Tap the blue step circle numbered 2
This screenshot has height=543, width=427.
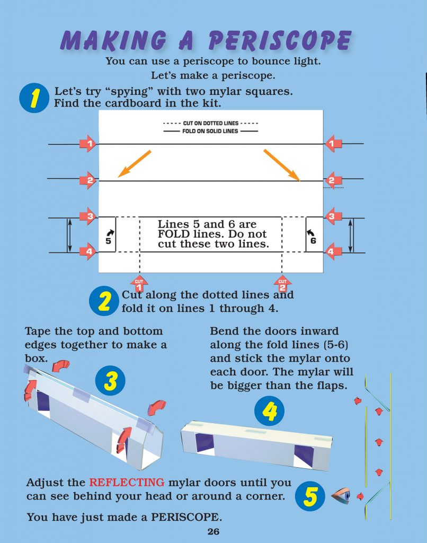[104, 301]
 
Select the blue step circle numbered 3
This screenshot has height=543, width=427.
[110, 381]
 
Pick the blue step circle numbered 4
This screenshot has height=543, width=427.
[269, 411]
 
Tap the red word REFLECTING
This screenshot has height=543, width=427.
[127, 483]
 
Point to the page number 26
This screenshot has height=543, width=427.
[213, 532]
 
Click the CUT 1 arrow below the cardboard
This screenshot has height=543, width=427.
[139, 283]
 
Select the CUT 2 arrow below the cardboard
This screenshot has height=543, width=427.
[282, 283]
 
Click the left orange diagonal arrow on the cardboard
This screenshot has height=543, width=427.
[134, 163]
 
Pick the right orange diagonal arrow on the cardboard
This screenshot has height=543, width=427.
[282, 165]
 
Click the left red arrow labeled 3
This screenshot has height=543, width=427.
[87, 216]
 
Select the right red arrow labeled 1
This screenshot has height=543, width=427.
[332, 143]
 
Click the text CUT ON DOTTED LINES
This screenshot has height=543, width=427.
[211, 123]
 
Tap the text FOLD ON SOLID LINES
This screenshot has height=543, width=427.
[211, 130]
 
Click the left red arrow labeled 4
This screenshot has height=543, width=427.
[87, 251]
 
